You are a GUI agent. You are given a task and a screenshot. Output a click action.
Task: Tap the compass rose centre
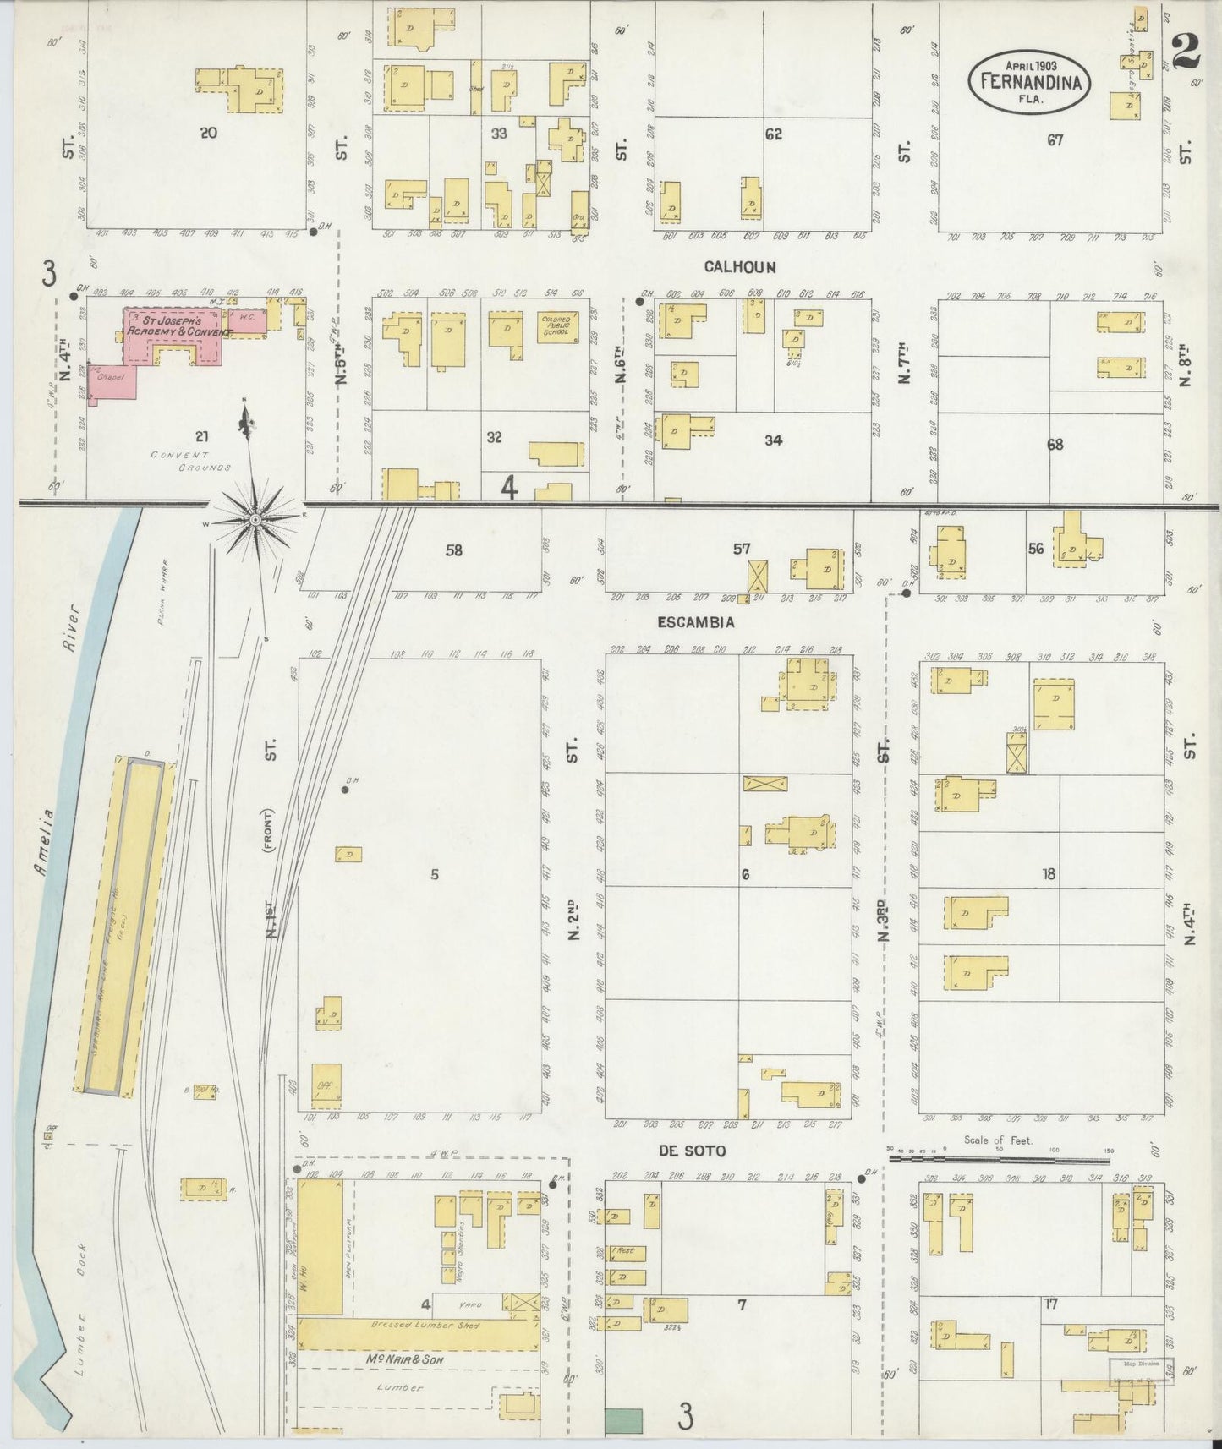click(x=255, y=519)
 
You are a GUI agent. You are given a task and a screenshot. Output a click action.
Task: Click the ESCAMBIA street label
click(x=696, y=622)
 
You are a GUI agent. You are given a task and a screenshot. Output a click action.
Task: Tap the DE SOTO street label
click(x=692, y=1151)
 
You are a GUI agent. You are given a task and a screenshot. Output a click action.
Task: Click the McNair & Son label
click(x=406, y=1359)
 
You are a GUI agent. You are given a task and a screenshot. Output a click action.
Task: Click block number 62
click(x=773, y=134)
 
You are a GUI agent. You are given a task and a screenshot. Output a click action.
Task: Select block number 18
click(x=1049, y=874)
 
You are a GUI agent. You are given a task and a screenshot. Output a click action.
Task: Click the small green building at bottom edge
click(x=623, y=1420)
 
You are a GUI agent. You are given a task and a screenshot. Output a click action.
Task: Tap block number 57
click(x=742, y=549)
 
